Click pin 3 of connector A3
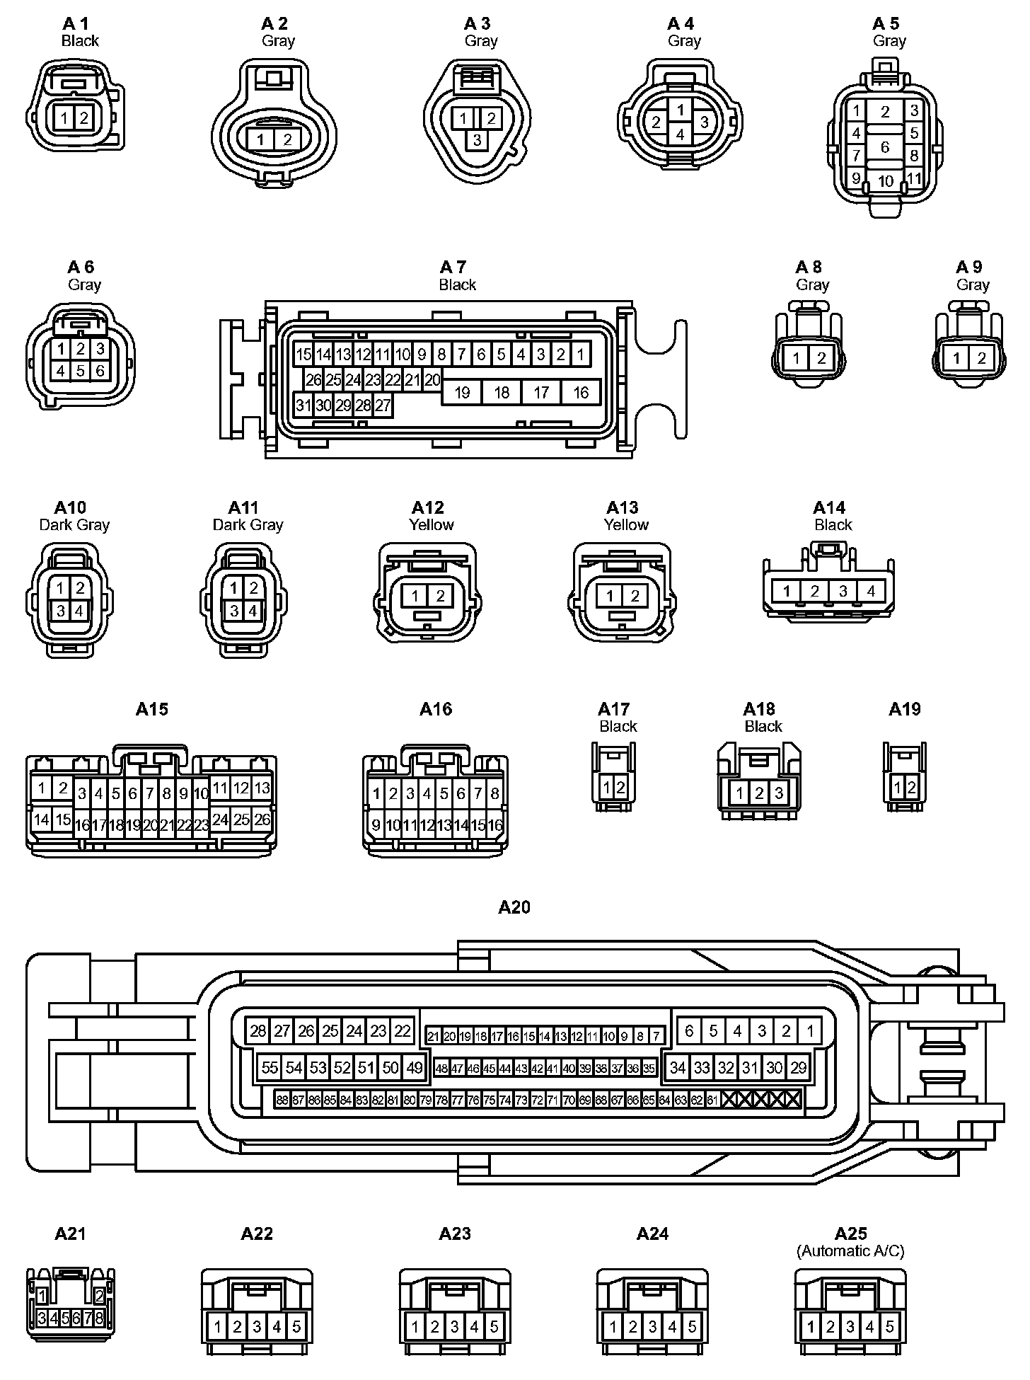pyautogui.click(x=477, y=140)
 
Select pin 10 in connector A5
pyautogui.click(x=885, y=181)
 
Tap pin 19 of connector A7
pyautogui.click(x=462, y=392)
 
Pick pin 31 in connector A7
pyautogui.click(x=303, y=406)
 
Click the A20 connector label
pyautogui.click(x=514, y=907)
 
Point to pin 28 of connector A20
pyautogui.click(x=258, y=1030)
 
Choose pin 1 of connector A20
pyautogui.click(x=810, y=1030)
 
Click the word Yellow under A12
pyautogui.click(x=431, y=524)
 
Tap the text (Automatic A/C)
pyautogui.click(x=850, y=1251)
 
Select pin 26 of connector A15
pyautogui.click(x=262, y=819)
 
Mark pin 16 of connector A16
pyautogui.click(x=494, y=824)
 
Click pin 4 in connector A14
pyautogui.click(x=870, y=591)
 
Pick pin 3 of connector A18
pyautogui.click(x=779, y=793)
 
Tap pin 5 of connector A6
pyautogui.click(x=81, y=370)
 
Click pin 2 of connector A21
pyautogui.click(x=99, y=1296)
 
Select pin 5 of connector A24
pyautogui.click(x=692, y=1327)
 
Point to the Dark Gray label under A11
pyautogui.click(x=248, y=524)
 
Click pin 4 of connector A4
pyautogui.click(x=680, y=134)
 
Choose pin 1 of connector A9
pyautogui.click(x=956, y=358)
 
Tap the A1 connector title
pyautogui.click(x=76, y=24)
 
